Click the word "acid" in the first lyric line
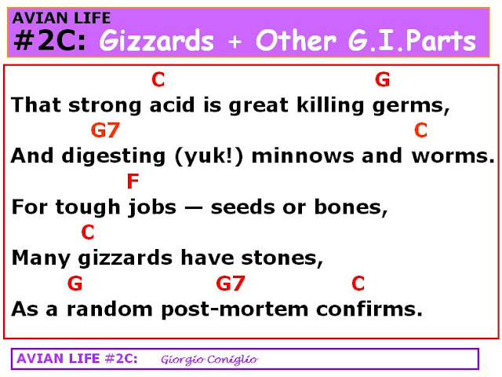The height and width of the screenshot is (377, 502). pos(173,104)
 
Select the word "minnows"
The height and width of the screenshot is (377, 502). pos(303,156)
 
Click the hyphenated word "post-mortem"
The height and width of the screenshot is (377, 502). pos(235,310)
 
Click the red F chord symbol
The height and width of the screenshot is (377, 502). pos(133,181)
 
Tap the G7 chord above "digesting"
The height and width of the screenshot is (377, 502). pos(105,130)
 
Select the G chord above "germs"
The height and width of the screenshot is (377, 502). pos(383,79)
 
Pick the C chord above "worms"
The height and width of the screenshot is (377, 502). pos(420,130)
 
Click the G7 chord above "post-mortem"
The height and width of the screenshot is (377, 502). pos(231,284)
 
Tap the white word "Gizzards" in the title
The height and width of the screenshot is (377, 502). pos(157,41)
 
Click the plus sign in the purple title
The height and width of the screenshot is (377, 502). pos(235,42)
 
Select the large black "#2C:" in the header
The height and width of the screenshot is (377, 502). pos(50,40)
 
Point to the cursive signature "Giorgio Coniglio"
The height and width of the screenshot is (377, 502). pos(209,360)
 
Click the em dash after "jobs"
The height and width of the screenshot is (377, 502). pos(194,208)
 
